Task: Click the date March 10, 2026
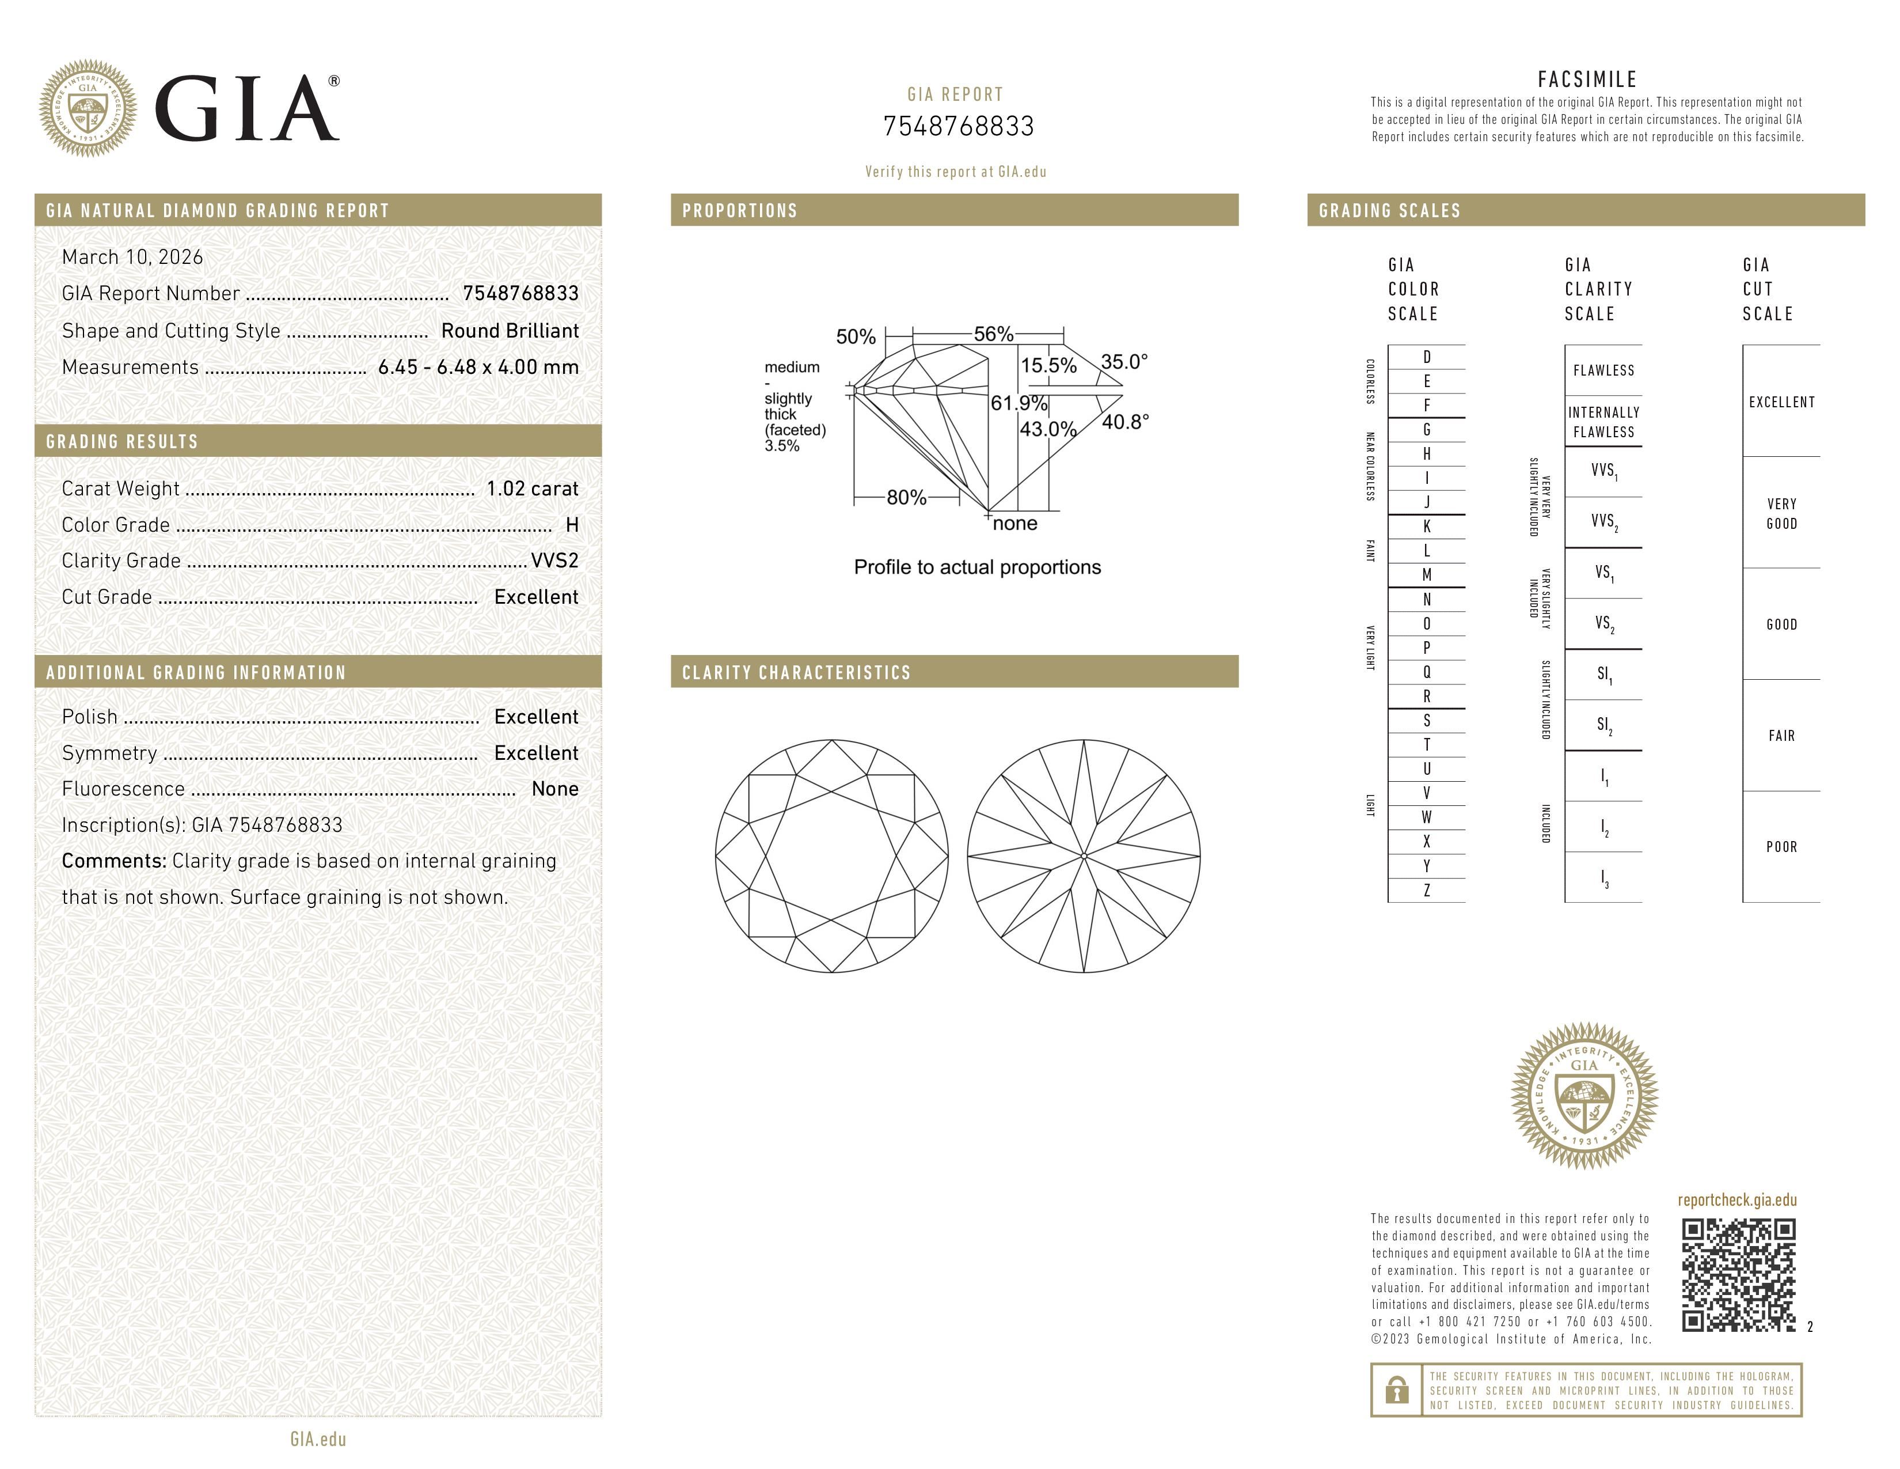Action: pyautogui.click(x=132, y=258)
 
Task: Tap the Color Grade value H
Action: pyautogui.click(x=572, y=525)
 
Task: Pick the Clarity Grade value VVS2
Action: pyautogui.click(x=554, y=561)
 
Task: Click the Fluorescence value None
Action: pyautogui.click(x=554, y=789)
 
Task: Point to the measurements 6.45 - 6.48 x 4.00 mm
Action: pyautogui.click(x=478, y=368)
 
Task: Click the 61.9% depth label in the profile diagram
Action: pyautogui.click(x=1018, y=403)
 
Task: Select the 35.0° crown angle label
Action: pyautogui.click(x=1124, y=362)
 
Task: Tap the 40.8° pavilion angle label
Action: pyautogui.click(x=1125, y=423)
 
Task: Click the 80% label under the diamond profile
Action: pyautogui.click(x=906, y=498)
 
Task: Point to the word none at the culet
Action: pyautogui.click(x=1014, y=524)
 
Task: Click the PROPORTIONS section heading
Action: pyautogui.click(x=739, y=211)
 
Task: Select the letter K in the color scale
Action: pyautogui.click(x=1426, y=527)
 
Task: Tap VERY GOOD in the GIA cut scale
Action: pyautogui.click(x=1781, y=513)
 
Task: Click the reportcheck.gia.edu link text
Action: pyautogui.click(x=1736, y=1200)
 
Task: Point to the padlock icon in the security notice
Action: pyautogui.click(x=1396, y=1390)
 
